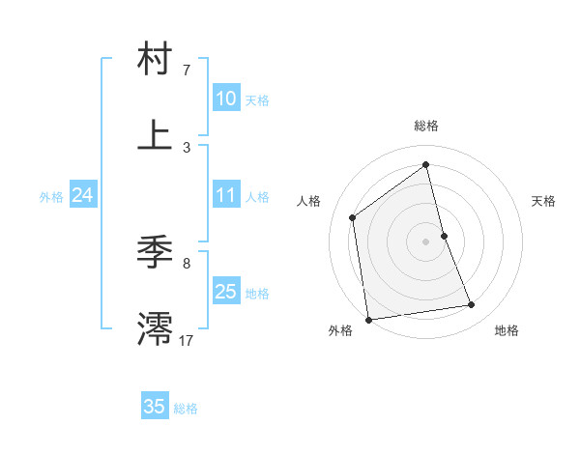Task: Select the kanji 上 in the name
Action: (155, 134)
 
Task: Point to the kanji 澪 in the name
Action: (155, 327)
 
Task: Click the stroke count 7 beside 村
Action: (187, 71)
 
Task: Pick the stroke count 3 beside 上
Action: (187, 147)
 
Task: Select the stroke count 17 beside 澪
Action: (187, 340)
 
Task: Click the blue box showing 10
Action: (225, 99)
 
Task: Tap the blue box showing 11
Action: (225, 195)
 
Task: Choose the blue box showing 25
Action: (225, 292)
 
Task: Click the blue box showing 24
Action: (82, 195)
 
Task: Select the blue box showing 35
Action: (155, 407)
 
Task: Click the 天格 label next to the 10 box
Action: (257, 100)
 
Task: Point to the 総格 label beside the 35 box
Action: (186, 409)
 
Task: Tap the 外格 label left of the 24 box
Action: (51, 197)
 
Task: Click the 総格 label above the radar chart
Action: (426, 126)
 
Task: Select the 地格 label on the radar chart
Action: (507, 330)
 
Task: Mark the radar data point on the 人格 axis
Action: (353, 217)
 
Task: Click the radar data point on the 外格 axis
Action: (368, 319)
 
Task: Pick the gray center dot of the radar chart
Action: (426, 241)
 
